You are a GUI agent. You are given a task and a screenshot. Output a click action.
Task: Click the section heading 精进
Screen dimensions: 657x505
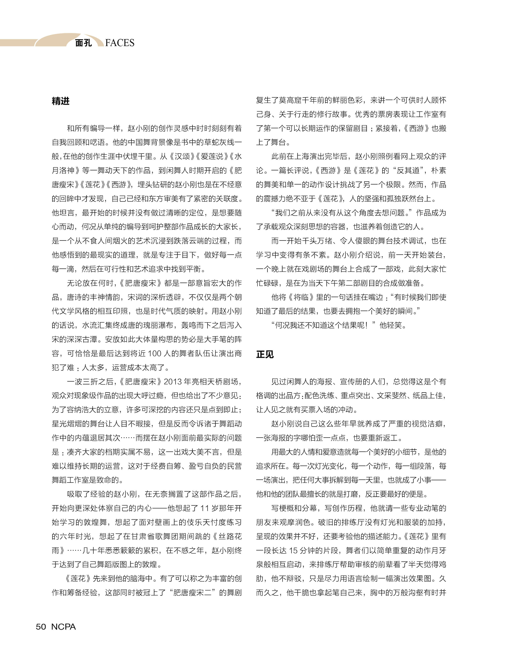[60, 101]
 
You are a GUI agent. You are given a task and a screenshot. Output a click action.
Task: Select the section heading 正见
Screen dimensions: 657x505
[265, 354]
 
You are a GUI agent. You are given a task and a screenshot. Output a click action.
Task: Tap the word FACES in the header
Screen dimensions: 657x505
[120, 43]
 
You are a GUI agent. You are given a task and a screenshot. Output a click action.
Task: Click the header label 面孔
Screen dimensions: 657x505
[83, 43]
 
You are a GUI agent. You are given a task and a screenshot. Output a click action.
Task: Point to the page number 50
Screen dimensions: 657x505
[41, 627]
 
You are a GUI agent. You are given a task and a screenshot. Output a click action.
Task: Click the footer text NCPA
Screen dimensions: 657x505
[63, 627]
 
